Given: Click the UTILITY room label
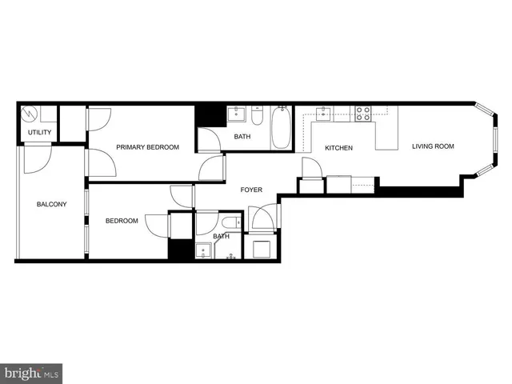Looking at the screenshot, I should pyautogui.click(x=40, y=132).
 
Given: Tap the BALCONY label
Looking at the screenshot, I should pyautogui.click(x=52, y=205).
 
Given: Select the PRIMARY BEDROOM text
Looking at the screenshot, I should pyautogui.click(x=147, y=147).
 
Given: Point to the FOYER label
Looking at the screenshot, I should pyautogui.click(x=253, y=190).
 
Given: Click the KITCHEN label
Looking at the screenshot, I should pyautogui.click(x=339, y=148).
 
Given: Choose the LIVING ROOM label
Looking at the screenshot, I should pyautogui.click(x=433, y=146).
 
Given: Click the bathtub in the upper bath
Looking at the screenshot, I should pyautogui.click(x=282, y=129).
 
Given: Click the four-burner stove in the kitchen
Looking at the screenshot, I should pyautogui.click(x=363, y=114).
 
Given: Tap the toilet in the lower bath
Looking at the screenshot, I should pyautogui.click(x=229, y=222).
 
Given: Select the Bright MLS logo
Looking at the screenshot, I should pyautogui.click(x=31, y=372).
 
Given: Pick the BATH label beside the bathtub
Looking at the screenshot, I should pyautogui.click(x=242, y=137).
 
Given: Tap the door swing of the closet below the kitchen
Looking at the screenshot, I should pyautogui.click(x=311, y=169).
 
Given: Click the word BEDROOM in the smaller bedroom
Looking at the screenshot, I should pyautogui.click(x=122, y=221).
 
